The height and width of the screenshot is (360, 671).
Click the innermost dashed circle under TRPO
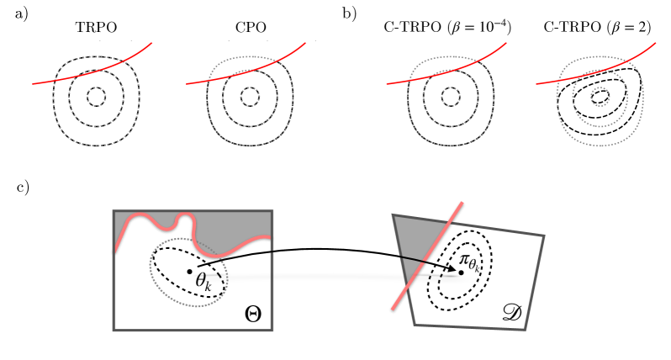click(96, 98)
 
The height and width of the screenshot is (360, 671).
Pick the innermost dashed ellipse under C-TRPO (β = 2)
click(600, 98)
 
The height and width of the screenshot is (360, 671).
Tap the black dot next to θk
click(190, 271)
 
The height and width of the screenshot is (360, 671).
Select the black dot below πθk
click(462, 272)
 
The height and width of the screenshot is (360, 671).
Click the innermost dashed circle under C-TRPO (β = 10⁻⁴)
click(450, 98)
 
